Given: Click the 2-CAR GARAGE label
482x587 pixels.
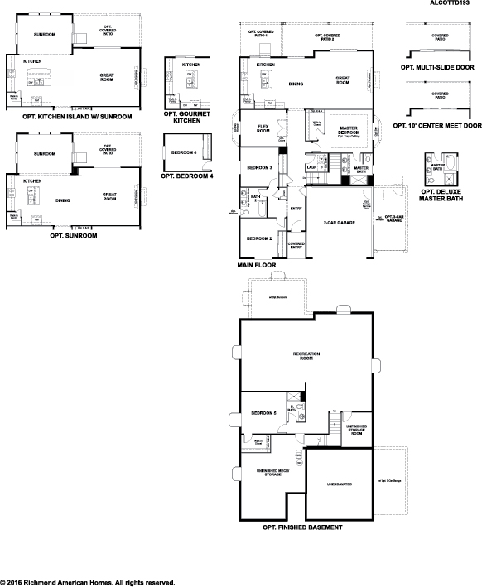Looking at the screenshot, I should pyautogui.click(x=340, y=224).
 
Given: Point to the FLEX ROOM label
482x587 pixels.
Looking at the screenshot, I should pyautogui.click(x=263, y=128).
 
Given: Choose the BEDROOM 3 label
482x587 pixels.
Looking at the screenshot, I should pyautogui.click(x=260, y=168).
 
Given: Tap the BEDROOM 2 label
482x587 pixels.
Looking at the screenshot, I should pyautogui.click(x=260, y=238).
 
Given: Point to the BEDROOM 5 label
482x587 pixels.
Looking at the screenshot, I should pyautogui.click(x=263, y=411).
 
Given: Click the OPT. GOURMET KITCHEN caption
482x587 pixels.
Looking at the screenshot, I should pyautogui.click(x=187, y=117).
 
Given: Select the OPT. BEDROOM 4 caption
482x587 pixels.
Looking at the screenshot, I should pyautogui.click(x=187, y=176).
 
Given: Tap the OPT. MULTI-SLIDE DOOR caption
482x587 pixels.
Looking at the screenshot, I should pyautogui.click(x=437, y=66).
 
